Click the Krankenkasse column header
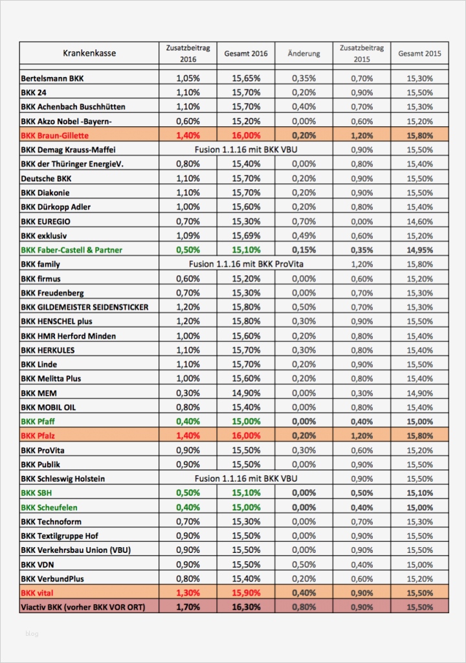click(x=89, y=53)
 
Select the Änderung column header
click(x=304, y=54)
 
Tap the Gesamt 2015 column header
click(x=419, y=54)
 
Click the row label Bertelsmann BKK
click(x=52, y=78)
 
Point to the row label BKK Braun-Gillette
click(x=54, y=135)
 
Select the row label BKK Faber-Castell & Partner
click(x=71, y=250)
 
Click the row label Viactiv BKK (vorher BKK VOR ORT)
click(x=83, y=607)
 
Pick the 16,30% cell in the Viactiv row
click(x=246, y=607)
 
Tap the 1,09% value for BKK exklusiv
click(x=188, y=236)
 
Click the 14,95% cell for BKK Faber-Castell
click(x=419, y=250)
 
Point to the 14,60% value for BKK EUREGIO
click(x=419, y=221)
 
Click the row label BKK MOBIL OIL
click(x=48, y=407)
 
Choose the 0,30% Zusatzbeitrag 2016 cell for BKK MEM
click(x=188, y=393)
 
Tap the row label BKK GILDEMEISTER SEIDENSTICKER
click(x=84, y=307)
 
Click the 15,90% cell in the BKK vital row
click(x=246, y=592)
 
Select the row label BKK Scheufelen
click(x=49, y=507)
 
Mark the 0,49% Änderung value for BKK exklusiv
click(x=304, y=236)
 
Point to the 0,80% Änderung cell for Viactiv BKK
click(x=304, y=607)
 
